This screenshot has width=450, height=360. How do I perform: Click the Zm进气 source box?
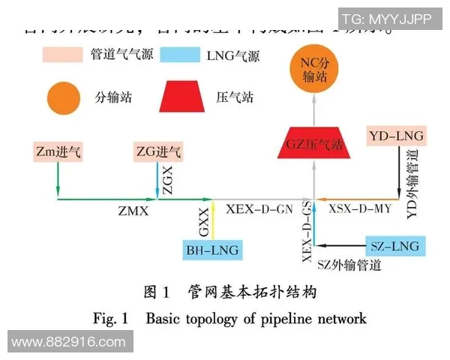click(58, 152)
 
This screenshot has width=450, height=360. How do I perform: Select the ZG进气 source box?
click(157, 152)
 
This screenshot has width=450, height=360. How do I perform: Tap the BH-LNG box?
click(213, 250)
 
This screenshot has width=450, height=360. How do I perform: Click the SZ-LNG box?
click(394, 245)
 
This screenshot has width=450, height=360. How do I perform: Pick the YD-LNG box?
click(397, 136)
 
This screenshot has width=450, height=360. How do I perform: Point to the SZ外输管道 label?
click(349, 265)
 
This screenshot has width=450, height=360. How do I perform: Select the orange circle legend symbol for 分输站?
click(61, 97)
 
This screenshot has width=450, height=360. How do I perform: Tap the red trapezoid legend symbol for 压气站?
click(183, 97)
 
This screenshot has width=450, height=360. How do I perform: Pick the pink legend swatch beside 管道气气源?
click(63, 55)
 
